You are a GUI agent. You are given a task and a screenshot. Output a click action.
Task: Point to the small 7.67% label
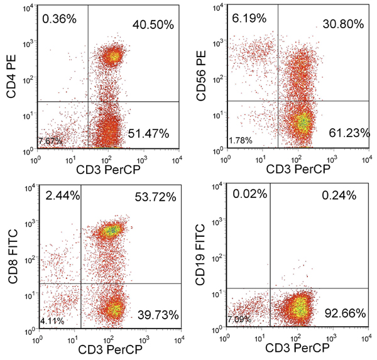point(50,139)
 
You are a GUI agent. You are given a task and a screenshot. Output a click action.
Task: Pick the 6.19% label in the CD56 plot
point(248,20)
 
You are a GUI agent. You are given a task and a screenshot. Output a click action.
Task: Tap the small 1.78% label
point(241,139)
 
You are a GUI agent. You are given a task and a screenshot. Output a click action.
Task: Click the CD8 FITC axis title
point(12,259)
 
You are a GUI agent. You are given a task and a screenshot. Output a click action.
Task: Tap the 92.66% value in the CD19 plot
point(342,310)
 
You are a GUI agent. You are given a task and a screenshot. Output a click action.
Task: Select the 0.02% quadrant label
point(248,195)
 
